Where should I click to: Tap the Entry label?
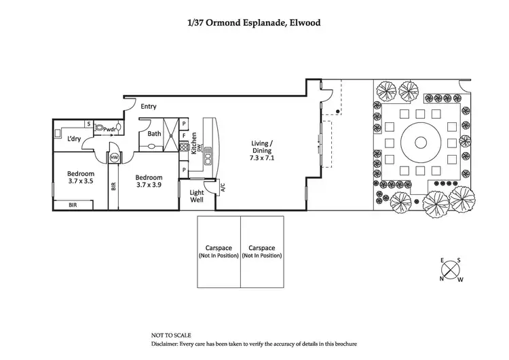pyautogui.click(x=149, y=107)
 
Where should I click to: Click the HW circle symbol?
pyautogui.click(x=115, y=158)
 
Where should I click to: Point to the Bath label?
pyautogui.click(x=155, y=134)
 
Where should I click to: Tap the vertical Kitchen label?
pyautogui.click(x=194, y=143)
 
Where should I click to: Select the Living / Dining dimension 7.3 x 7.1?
pyautogui.click(x=262, y=157)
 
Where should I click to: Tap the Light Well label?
pyautogui.click(x=196, y=197)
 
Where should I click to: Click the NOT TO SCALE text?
pyautogui.click(x=171, y=336)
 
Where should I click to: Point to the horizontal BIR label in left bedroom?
pyautogui.click(x=71, y=204)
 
